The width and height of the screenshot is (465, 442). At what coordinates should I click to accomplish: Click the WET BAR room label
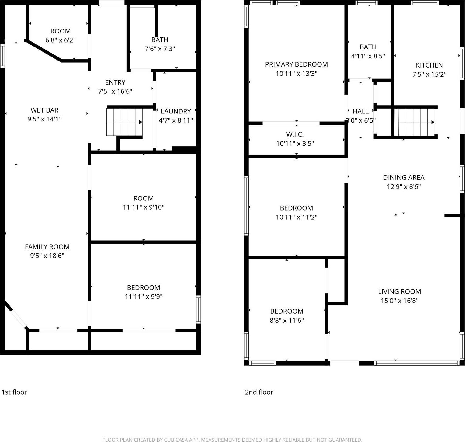click(44, 110)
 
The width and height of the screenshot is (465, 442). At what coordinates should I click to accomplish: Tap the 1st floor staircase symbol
click(124, 122)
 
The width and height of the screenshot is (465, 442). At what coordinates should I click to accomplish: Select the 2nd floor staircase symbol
click(416, 122)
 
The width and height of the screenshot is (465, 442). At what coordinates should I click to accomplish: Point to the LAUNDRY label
click(176, 111)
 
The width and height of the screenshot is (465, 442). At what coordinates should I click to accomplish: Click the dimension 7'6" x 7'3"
click(160, 49)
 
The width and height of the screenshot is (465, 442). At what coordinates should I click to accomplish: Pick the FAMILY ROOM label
click(47, 247)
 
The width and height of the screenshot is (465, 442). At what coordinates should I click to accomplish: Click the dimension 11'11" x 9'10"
click(144, 207)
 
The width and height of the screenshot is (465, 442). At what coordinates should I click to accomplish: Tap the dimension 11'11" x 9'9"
click(144, 297)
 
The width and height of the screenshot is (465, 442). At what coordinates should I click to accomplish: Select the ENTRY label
click(115, 82)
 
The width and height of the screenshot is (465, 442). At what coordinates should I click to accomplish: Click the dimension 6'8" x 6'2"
click(61, 40)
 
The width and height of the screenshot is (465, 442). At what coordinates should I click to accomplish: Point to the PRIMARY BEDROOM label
click(296, 64)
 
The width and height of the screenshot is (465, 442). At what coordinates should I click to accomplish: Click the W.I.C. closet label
click(295, 134)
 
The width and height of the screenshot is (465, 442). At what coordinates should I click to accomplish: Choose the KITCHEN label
click(429, 65)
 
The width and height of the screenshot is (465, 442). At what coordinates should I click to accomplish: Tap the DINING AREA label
click(404, 178)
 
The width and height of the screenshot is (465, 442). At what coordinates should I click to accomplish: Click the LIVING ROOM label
click(399, 291)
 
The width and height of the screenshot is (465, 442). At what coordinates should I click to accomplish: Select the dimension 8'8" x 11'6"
click(287, 320)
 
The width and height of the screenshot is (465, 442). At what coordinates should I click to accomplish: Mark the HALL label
click(360, 111)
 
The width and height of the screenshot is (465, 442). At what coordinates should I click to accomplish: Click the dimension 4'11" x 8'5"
click(368, 56)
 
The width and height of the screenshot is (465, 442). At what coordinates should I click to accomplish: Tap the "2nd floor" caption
click(259, 392)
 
